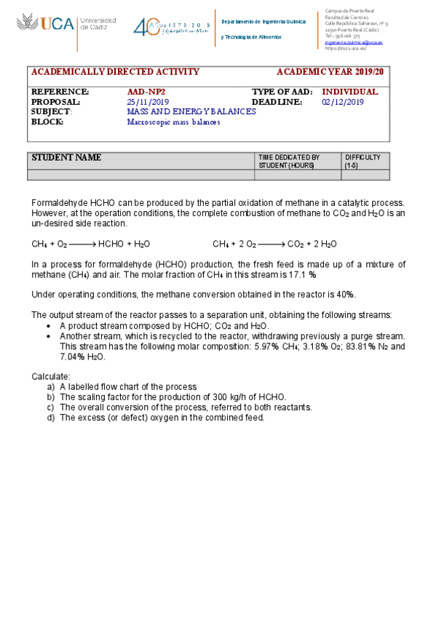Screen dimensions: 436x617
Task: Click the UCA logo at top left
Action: [x=45, y=25]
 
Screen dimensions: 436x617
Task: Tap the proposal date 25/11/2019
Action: [x=148, y=103]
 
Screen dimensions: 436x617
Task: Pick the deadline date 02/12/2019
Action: [x=343, y=103]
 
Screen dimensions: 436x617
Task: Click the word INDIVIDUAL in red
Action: [x=350, y=92]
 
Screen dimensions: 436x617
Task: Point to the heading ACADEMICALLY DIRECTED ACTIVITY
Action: [x=115, y=72]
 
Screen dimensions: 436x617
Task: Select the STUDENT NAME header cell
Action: [x=66, y=159]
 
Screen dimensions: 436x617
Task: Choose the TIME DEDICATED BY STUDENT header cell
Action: [x=289, y=162]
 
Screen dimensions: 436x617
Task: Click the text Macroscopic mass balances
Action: [x=173, y=122]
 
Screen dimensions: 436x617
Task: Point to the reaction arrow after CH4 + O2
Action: [x=82, y=244]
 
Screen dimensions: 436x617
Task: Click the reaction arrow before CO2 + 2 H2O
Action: [x=271, y=244]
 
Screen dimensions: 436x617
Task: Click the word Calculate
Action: [x=50, y=376]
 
